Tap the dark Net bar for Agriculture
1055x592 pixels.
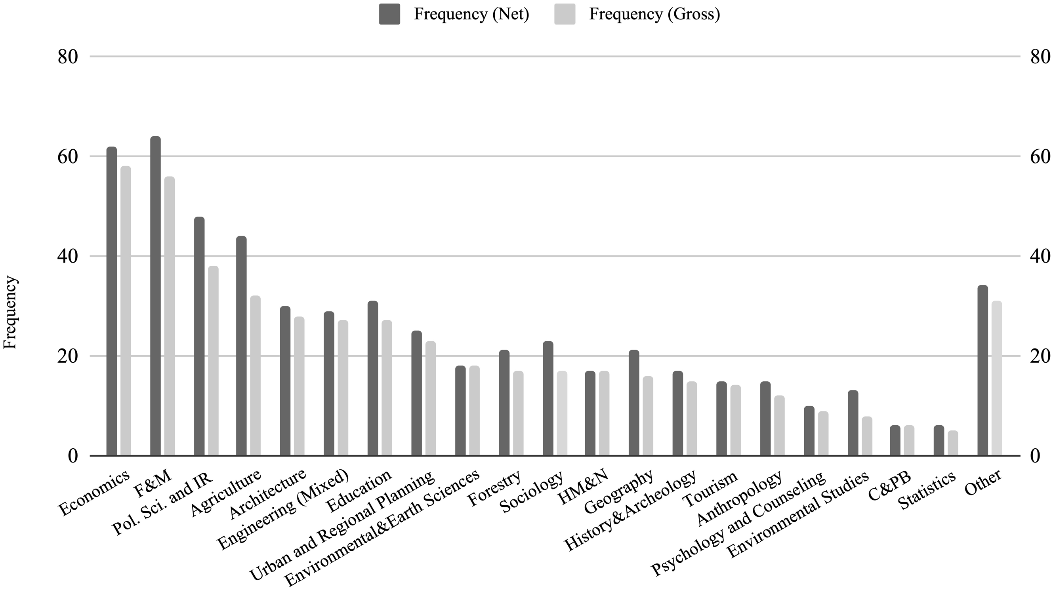(x=241, y=346)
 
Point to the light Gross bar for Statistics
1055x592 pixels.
(x=953, y=443)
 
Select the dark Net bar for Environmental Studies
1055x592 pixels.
(x=853, y=423)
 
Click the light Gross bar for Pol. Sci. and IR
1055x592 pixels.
(x=214, y=361)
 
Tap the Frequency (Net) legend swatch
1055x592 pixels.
(x=389, y=14)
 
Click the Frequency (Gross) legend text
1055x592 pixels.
(x=654, y=14)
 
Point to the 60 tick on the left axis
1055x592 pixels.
(x=68, y=157)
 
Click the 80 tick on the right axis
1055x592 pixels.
(x=1040, y=57)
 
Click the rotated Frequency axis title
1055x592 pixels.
(x=10, y=312)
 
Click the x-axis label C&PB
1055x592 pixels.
(x=889, y=486)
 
